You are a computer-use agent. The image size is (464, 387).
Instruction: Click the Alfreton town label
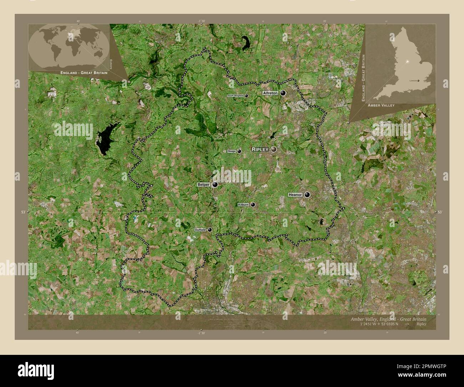(270, 93)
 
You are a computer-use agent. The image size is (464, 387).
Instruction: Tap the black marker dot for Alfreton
(283, 93)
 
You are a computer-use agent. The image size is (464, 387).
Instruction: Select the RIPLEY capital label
(260, 149)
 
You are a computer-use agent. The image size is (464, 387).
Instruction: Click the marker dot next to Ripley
(274, 149)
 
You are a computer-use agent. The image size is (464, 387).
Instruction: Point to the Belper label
(203, 185)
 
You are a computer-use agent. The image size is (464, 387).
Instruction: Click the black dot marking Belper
(215, 185)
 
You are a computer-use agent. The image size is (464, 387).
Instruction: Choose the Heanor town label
(295, 195)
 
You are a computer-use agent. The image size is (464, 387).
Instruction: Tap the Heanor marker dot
(307, 195)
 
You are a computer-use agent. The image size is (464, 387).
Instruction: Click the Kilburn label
(243, 205)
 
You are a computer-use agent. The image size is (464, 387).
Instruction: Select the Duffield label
(200, 230)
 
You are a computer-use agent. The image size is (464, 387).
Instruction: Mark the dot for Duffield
(210, 230)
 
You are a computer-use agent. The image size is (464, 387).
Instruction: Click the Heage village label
(232, 151)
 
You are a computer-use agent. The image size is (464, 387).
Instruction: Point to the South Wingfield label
(236, 96)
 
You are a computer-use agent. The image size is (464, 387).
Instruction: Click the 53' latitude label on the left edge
(23, 212)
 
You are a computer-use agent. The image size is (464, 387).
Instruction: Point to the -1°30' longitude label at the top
(201, 21)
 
